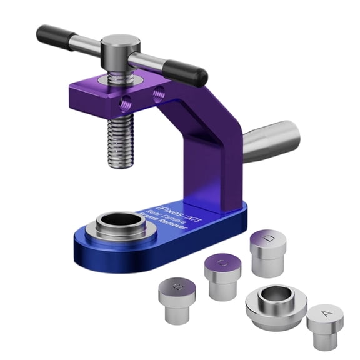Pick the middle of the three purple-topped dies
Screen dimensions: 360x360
pyautogui.click(x=223, y=275)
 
